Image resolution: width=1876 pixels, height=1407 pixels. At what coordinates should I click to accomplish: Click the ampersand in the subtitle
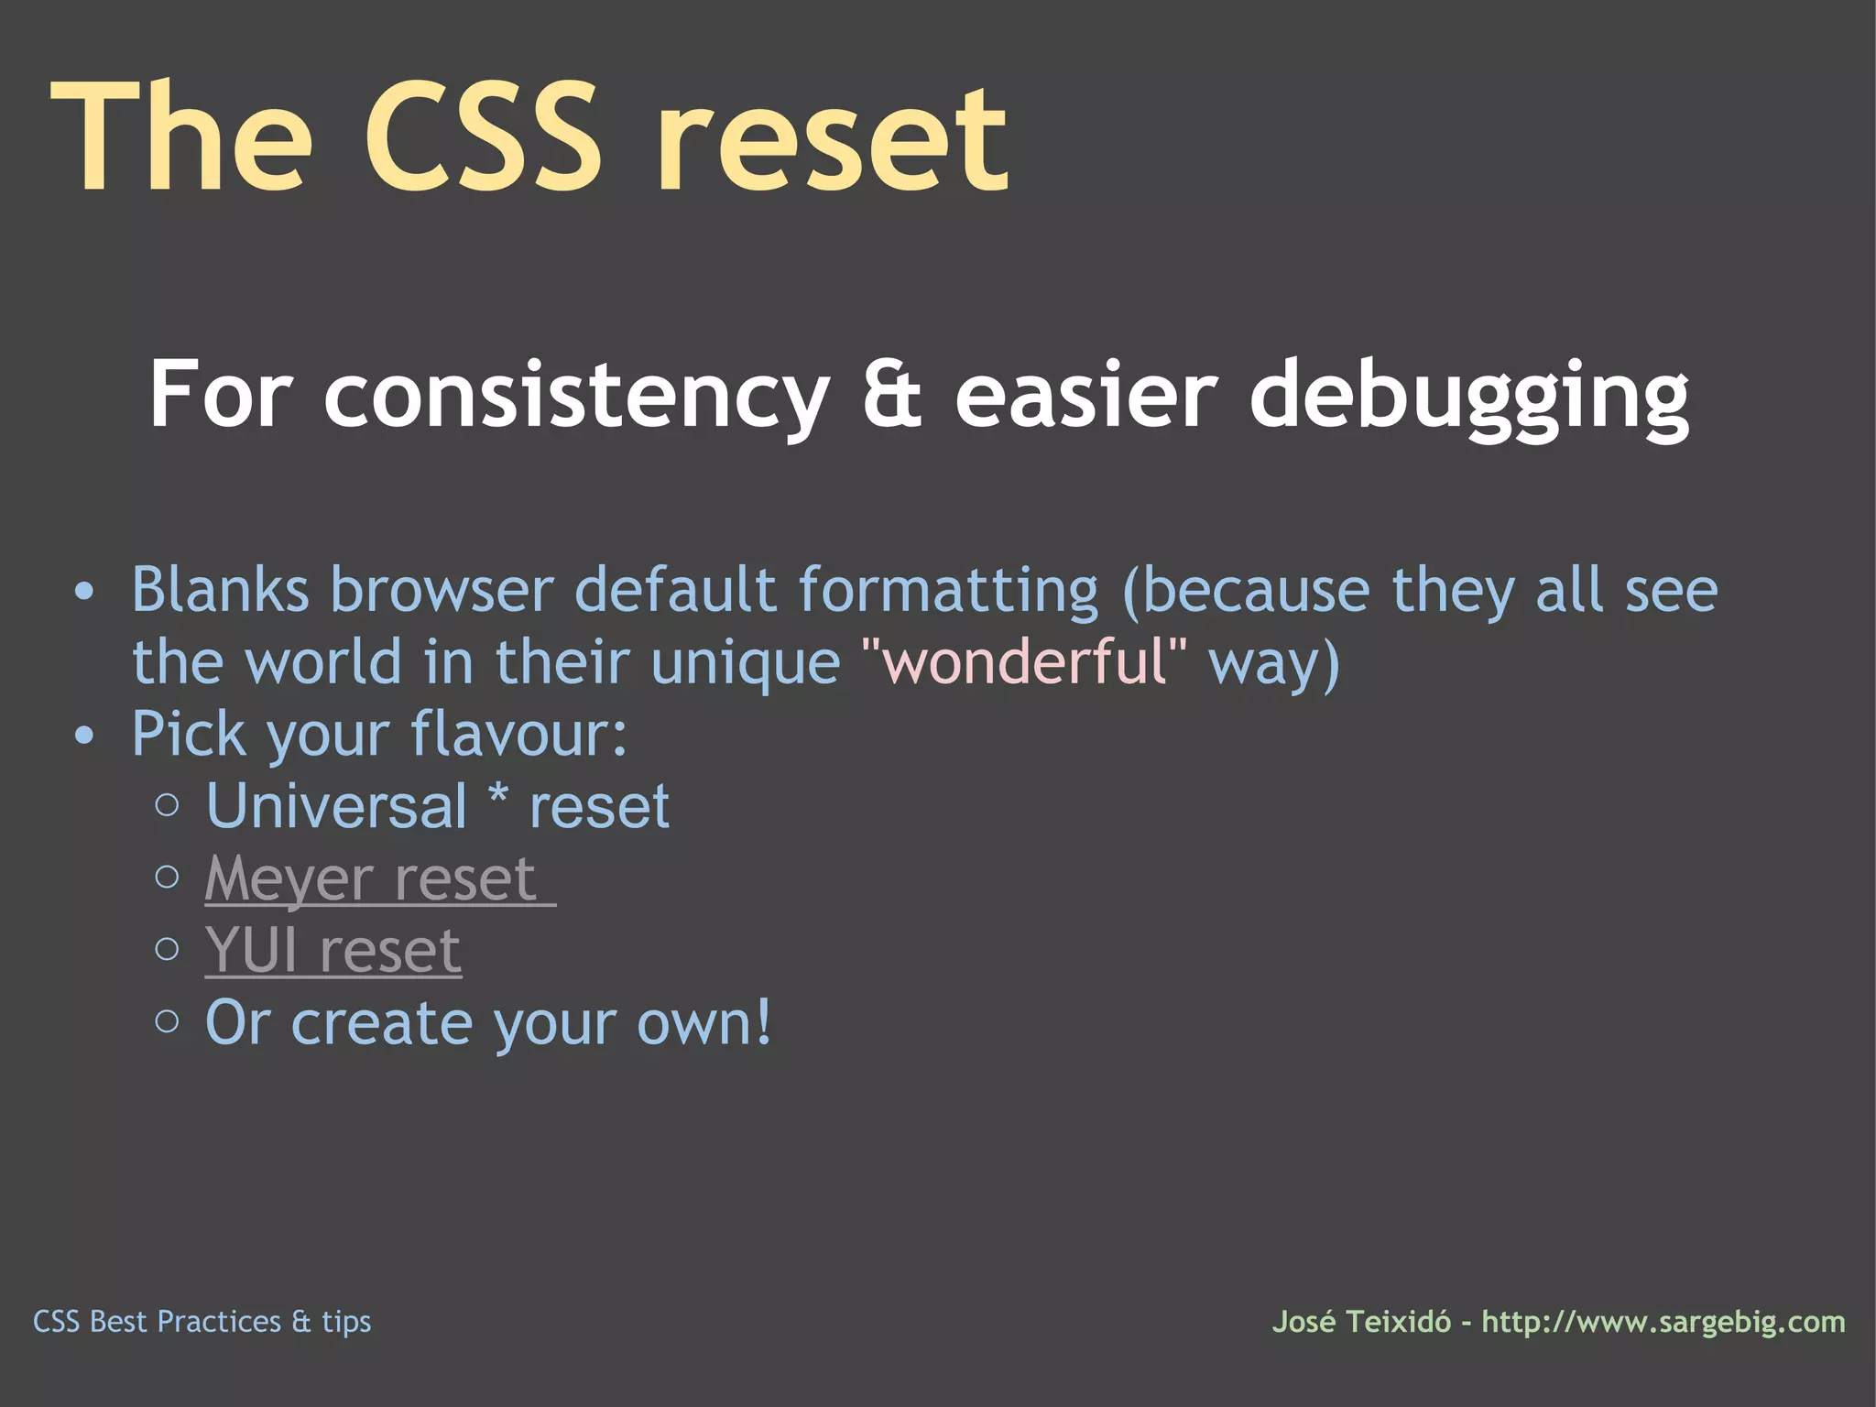[x=892, y=396]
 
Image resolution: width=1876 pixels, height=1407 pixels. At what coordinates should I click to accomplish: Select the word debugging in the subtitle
[x=1469, y=396]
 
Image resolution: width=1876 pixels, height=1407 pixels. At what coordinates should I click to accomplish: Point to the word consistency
[x=576, y=396]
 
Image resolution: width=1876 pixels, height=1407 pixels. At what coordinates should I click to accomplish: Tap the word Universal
[x=337, y=807]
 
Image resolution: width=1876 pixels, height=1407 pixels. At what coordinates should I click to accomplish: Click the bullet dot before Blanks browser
[x=84, y=592]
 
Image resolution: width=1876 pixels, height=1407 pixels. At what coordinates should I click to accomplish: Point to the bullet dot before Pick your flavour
[x=84, y=736]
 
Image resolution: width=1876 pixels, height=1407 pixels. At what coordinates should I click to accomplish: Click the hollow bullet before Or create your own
[x=167, y=1021]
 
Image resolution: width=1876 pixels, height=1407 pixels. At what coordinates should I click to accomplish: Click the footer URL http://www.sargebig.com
[x=1663, y=1322]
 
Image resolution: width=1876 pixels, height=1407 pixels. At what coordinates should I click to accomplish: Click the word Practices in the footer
[x=219, y=1322]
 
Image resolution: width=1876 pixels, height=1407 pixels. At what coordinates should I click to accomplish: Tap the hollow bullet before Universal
[x=167, y=806]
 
